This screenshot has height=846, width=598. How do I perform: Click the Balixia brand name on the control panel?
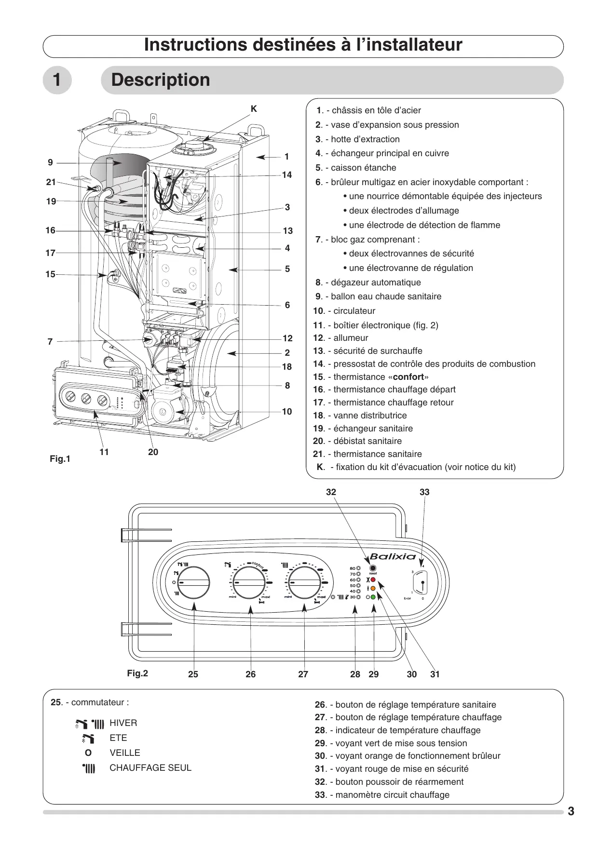(393, 557)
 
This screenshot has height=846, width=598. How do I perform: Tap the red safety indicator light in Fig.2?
(373, 580)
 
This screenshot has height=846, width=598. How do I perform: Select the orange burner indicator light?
(373, 589)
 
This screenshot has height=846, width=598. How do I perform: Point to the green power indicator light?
(373, 597)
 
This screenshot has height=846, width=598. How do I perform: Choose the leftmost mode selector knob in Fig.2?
(194, 582)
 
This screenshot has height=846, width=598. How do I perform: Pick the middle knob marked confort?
(250, 582)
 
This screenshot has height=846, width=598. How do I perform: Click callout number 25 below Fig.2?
(193, 674)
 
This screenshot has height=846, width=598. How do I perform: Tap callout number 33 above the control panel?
(424, 492)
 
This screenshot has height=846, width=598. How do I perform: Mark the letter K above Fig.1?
(254, 109)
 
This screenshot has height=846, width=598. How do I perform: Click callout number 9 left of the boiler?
(50, 163)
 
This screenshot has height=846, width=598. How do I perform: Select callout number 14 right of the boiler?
(287, 175)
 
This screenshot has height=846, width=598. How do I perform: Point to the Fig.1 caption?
(60, 459)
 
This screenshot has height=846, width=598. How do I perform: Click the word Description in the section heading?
(161, 80)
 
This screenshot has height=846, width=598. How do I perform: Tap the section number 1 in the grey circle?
(57, 80)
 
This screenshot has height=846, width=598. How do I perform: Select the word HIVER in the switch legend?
(123, 723)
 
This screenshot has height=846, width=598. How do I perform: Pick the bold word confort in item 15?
(408, 377)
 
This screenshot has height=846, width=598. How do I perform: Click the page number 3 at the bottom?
(571, 811)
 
